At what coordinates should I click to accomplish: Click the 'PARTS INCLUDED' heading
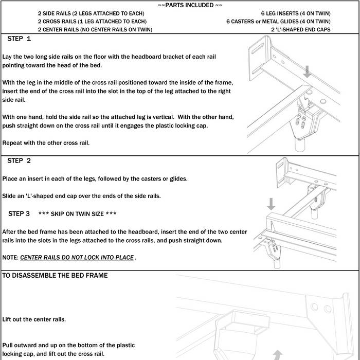[190, 5]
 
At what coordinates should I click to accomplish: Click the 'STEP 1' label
[20, 39]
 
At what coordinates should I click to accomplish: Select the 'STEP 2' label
[20, 161]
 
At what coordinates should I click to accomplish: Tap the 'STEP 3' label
[19, 213]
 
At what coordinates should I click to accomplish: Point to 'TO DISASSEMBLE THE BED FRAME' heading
[56, 276]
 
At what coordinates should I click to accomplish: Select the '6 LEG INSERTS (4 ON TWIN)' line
[296, 13]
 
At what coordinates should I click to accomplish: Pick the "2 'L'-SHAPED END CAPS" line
[301, 30]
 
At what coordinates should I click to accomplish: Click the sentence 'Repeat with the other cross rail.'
[45, 142]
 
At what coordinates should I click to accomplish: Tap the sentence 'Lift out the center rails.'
[34, 319]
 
